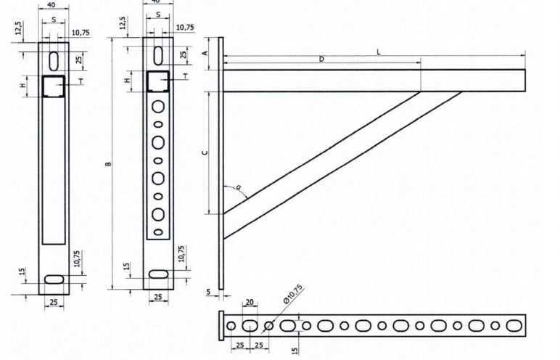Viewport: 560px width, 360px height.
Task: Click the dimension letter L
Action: click(378, 52)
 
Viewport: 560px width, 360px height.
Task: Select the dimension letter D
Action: click(321, 60)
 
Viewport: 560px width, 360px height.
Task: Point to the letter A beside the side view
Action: click(205, 54)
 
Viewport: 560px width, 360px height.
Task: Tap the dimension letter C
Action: click(205, 152)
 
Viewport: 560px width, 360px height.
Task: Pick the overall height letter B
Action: click(107, 164)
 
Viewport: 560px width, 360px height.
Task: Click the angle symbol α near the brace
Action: click(238, 187)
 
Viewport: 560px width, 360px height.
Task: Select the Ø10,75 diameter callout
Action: click(294, 294)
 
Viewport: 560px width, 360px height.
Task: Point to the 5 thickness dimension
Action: click(207, 293)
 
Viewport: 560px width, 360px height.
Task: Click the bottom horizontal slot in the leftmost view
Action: click(54, 279)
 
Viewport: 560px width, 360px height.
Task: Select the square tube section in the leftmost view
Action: click(53, 86)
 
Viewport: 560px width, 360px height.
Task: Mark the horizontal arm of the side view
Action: click(374, 80)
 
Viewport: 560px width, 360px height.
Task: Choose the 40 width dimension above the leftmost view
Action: click(52, 4)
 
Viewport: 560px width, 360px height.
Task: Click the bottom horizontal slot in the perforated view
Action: click(158, 274)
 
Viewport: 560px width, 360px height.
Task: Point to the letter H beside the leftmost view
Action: click(22, 86)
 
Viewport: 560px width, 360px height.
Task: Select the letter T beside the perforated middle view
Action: click(186, 75)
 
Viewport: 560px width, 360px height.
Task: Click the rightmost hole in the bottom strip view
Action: click(513, 325)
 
